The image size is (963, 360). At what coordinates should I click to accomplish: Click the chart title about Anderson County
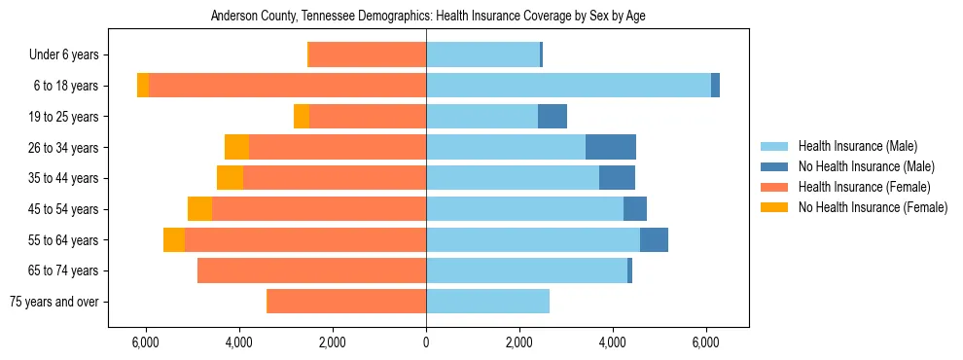(x=427, y=17)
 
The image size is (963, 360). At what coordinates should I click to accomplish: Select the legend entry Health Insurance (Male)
(x=857, y=146)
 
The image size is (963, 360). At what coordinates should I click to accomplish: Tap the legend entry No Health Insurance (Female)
(x=873, y=207)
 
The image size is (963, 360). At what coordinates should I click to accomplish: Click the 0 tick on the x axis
(x=426, y=343)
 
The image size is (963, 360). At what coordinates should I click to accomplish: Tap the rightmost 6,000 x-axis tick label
(x=706, y=343)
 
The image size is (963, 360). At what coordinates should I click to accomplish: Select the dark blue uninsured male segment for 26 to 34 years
(x=611, y=147)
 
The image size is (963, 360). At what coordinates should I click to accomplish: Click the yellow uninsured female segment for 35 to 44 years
(x=230, y=178)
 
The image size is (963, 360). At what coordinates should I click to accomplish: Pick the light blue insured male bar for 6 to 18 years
(x=568, y=86)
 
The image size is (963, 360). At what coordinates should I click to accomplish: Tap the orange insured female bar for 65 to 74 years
(x=311, y=270)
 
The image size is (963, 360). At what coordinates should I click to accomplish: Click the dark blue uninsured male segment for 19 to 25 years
(x=553, y=117)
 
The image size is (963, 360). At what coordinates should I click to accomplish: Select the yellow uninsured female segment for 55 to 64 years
(x=174, y=239)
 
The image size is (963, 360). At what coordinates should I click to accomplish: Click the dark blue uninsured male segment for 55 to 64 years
(x=654, y=239)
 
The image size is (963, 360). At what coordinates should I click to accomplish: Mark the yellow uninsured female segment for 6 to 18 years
(x=143, y=86)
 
